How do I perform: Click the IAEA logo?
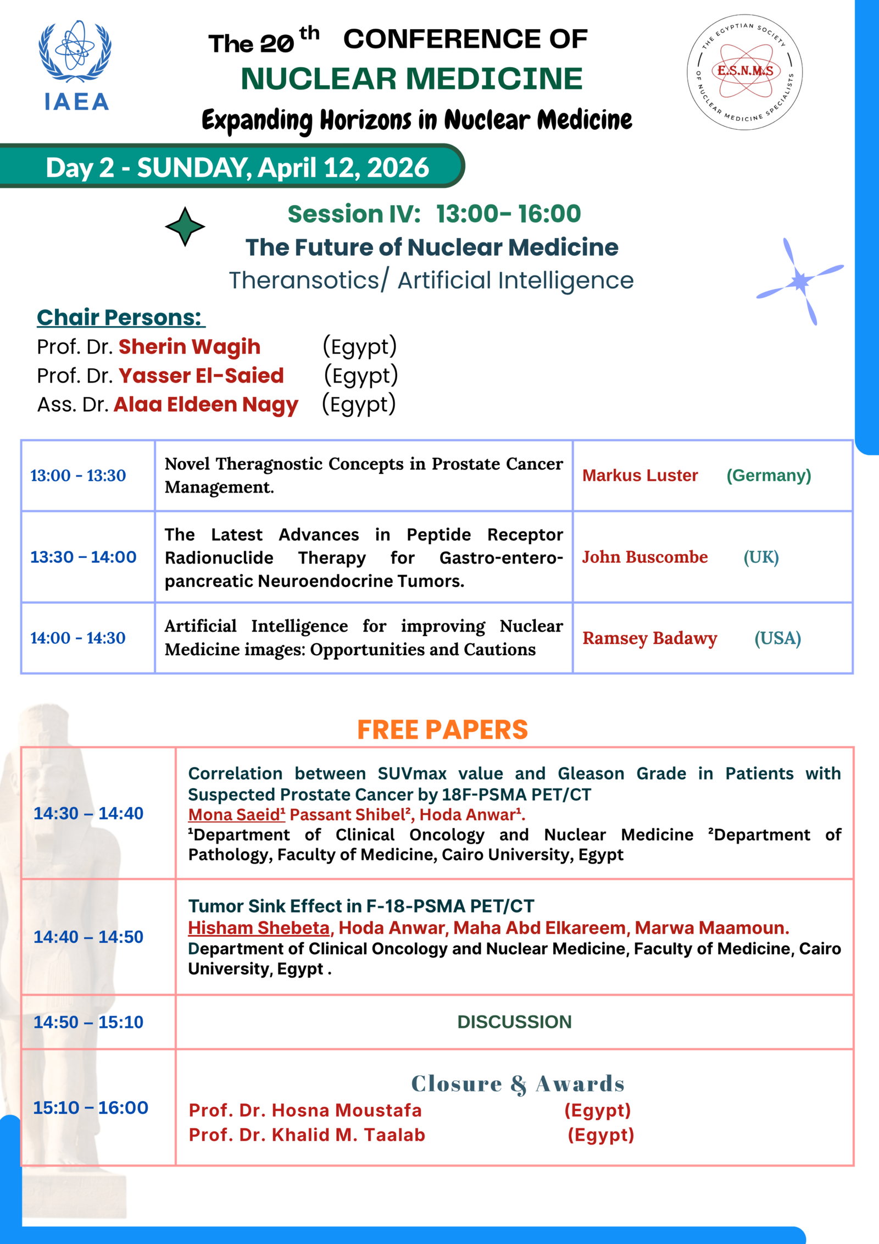pos(75,66)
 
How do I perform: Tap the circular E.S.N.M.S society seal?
pos(744,72)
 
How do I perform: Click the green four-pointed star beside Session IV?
pos(185,226)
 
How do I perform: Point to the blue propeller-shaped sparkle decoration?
pos(800,281)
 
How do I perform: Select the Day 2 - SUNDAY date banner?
pos(236,167)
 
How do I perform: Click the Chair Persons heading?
pos(120,317)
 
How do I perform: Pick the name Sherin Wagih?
pos(190,346)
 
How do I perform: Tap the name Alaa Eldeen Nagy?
pos(206,404)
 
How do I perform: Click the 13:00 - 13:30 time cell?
pos(78,476)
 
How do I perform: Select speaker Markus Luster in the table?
pos(640,476)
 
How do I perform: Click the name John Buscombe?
pos(645,557)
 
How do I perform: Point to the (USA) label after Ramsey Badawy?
pos(777,638)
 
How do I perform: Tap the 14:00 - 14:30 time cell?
pos(78,638)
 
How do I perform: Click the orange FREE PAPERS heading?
pos(442,729)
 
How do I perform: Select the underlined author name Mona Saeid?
pos(236,815)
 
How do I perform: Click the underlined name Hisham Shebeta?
pos(259,927)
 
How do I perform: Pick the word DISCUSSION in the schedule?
pos(514,1022)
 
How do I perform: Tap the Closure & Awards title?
pos(518,1083)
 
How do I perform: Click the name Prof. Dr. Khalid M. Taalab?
pos(307,1135)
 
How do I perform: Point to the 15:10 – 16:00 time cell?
pos(91,1108)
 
